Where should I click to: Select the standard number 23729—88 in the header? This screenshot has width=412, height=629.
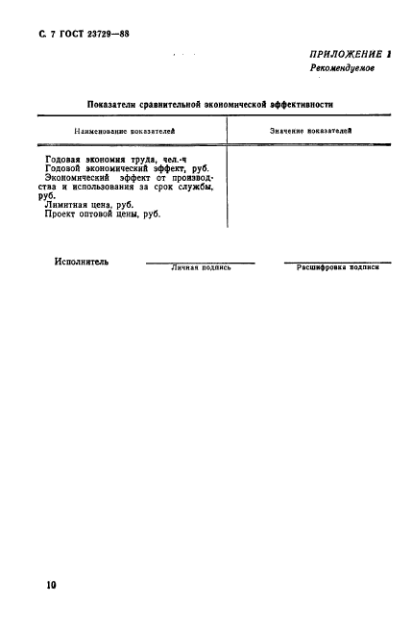[100, 34]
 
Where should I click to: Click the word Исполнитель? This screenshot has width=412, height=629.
[82, 261]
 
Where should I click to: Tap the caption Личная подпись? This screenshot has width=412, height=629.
[201, 268]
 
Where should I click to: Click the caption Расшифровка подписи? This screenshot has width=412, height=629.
[337, 268]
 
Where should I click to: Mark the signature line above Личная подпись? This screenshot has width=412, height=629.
[201, 263]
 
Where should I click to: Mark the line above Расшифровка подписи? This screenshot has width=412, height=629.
[337, 263]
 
